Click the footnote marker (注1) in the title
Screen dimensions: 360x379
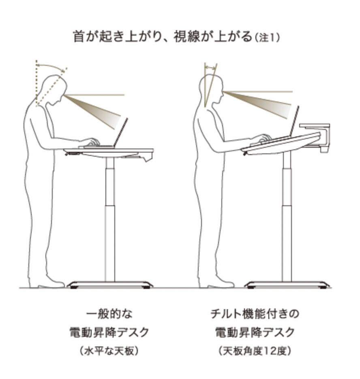pyautogui.click(x=268, y=38)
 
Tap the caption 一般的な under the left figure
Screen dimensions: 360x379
pyautogui.click(x=109, y=314)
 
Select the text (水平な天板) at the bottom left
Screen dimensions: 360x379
pyautogui.click(x=109, y=351)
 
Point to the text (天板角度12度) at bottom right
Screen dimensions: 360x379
pyautogui.click(x=255, y=351)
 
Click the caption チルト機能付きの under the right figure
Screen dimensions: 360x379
pyautogui.click(x=255, y=314)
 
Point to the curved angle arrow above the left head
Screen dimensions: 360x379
pyautogui.click(x=51, y=66)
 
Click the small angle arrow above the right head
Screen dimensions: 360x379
pyautogui.click(x=210, y=68)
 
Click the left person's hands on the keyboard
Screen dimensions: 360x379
pyautogui.click(x=92, y=142)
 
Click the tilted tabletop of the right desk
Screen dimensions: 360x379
pyautogui.click(x=281, y=144)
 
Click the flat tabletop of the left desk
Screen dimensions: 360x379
pyautogui.click(x=109, y=151)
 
